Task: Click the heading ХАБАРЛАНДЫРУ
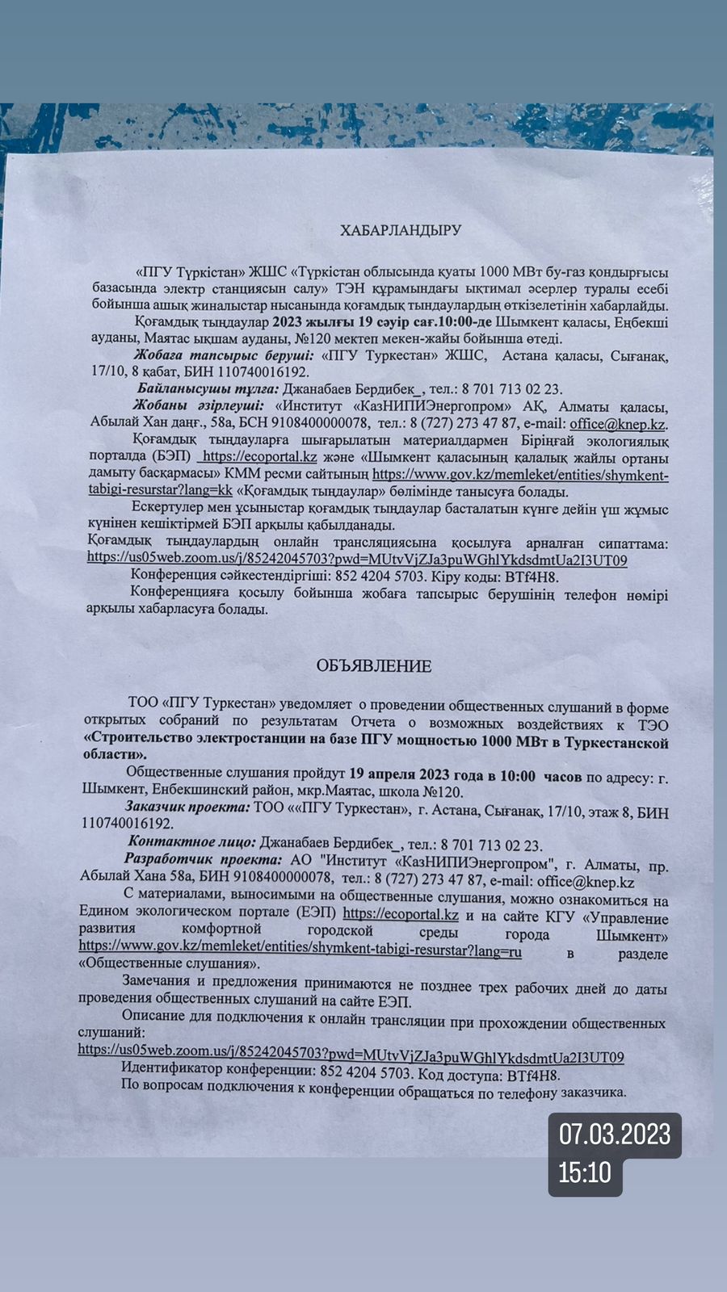coord(400,230)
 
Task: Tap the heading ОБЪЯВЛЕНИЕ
coord(374,666)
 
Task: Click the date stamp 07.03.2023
coord(615,1135)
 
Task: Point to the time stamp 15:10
coord(586,1172)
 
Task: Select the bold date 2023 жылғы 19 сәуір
coord(326,322)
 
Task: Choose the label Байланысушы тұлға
coord(202,389)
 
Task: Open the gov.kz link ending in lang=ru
coord(300,951)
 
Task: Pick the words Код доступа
coord(460,1076)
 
